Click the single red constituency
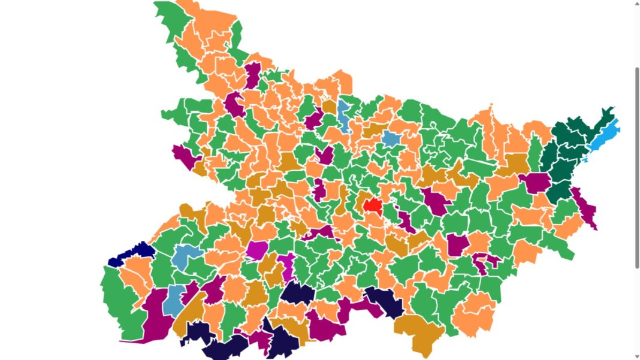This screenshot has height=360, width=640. pos(373,205)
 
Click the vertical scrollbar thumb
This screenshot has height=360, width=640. pos(636,168)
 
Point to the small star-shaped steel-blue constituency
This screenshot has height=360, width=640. pos(391,140)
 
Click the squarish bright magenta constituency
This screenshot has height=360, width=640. pos(257,250)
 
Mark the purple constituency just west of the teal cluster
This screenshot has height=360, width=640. pos(535,182)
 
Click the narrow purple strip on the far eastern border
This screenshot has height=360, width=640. pos(586,209)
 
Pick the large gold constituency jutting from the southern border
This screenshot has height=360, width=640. pos(419,332)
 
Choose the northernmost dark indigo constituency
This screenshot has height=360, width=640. pos(297,294)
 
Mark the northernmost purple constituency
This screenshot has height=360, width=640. pos(253,75)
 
